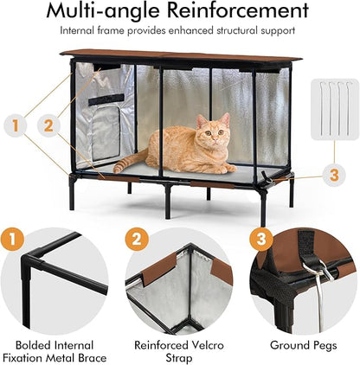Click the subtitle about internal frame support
pyautogui.click(x=179, y=31)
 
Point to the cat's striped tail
pyautogui.click(x=130, y=161)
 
